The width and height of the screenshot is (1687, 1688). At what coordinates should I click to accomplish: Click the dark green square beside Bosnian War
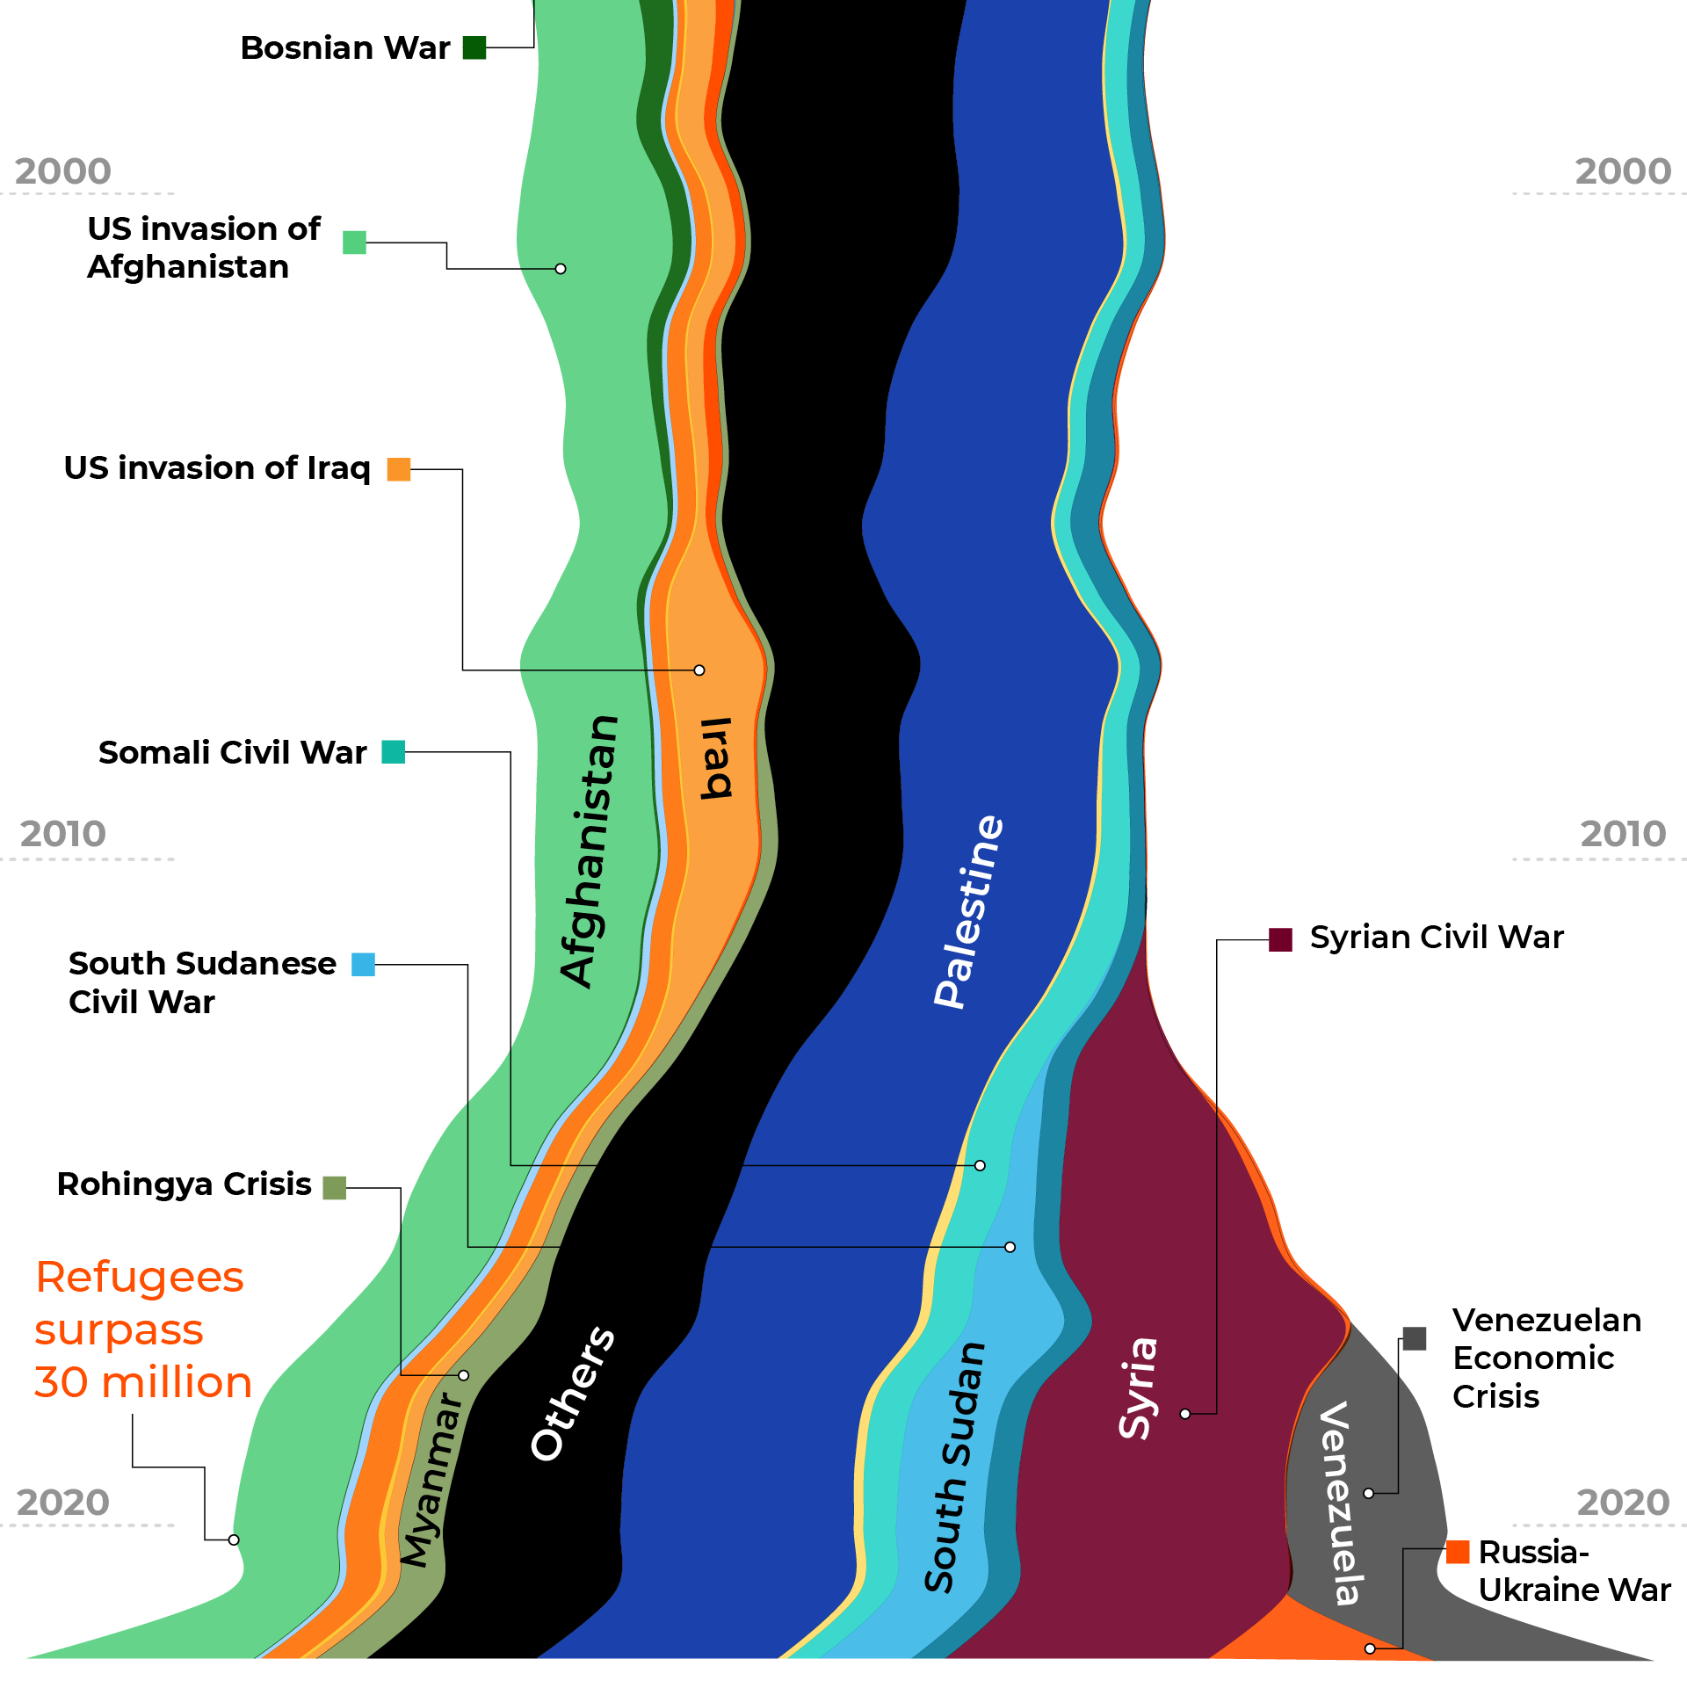pyautogui.click(x=474, y=47)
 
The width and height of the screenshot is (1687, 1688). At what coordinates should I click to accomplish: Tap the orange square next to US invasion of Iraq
pyautogui.click(x=399, y=469)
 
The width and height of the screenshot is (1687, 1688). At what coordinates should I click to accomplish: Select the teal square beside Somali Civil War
pyautogui.click(x=394, y=752)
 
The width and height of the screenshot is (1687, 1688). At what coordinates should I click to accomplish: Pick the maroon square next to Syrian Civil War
pyautogui.click(x=1280, y=939)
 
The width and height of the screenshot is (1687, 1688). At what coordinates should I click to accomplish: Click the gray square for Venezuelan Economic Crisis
pyautogui.click(x=1415, y=1338)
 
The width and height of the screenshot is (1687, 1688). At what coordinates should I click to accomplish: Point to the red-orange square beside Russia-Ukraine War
pyautogui.click(x=1458, y=1552)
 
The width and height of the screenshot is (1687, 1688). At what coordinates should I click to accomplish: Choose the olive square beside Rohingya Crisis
pyautogui.click(x=335, y=1188)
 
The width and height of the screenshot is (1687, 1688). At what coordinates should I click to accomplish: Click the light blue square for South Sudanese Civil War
pyautogui.click(x=363, y=965)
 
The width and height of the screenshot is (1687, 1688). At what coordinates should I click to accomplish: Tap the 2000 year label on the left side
pyautogui.click(x=63, y=171)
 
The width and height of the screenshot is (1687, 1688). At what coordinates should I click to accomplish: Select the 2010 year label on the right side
pyautogui.click(x=1623, y=834)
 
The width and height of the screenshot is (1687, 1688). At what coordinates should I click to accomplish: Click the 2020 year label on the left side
pyautogui.click(x=63, y=1503)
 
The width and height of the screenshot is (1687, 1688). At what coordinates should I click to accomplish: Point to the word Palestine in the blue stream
pyautogui.click(x=968, y=911)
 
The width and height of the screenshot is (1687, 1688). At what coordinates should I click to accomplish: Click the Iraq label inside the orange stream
pyautogui.click(x=716, y=757)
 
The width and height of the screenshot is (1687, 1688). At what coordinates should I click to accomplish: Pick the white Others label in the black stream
pyautogui.click(x=572, y=1394)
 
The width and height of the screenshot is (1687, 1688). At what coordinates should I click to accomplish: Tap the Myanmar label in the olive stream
pyautogui.click(x=431, y=1480)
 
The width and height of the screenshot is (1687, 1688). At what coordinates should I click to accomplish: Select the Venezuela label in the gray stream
pyautogui.click(x=1341, y=1503)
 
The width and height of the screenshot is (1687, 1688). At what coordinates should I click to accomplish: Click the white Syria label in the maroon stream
pyautogui.click(x=1139, y=1387)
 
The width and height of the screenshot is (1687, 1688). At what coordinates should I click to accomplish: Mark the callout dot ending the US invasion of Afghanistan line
pyautogui.click(x=561, y=269)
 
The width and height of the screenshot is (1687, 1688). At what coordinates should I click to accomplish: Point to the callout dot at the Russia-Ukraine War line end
pyautogui.click(x=1370, y=1648)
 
